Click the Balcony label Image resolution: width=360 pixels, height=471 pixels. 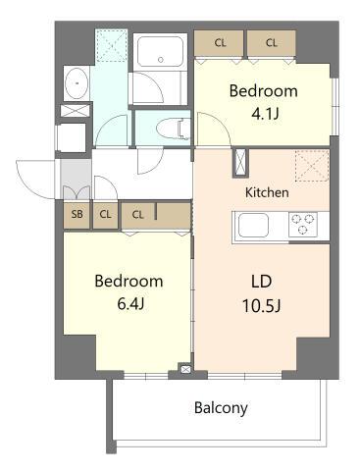(221, 408)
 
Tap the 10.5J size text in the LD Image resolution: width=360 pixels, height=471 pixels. (261, 306)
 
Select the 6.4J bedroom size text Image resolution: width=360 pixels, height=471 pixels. (130, 304)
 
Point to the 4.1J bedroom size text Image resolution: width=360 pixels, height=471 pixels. (265, 114)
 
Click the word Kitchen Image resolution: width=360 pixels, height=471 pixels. (267, 192)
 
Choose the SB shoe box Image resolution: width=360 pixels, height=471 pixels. (77, 215)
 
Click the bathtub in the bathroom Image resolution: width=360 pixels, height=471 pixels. (160, 52)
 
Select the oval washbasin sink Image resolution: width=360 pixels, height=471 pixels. (77, 83)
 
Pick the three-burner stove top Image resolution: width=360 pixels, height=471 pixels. (303, 225)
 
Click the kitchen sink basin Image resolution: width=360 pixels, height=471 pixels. (253, 225)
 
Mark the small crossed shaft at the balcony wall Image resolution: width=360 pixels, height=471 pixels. (185, 369)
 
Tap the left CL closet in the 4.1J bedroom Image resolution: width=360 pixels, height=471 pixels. (219, 43)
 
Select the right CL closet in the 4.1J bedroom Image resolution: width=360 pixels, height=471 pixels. (272, 43)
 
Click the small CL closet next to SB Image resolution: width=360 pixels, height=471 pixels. (105, 215)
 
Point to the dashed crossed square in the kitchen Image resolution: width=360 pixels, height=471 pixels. (312, 166)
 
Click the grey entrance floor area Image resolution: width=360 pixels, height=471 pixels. (76, 179)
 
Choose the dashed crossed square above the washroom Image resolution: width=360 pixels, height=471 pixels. (112, 45)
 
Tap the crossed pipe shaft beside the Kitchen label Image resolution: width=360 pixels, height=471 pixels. (240, 163)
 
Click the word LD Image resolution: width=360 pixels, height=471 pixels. (262, 282)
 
